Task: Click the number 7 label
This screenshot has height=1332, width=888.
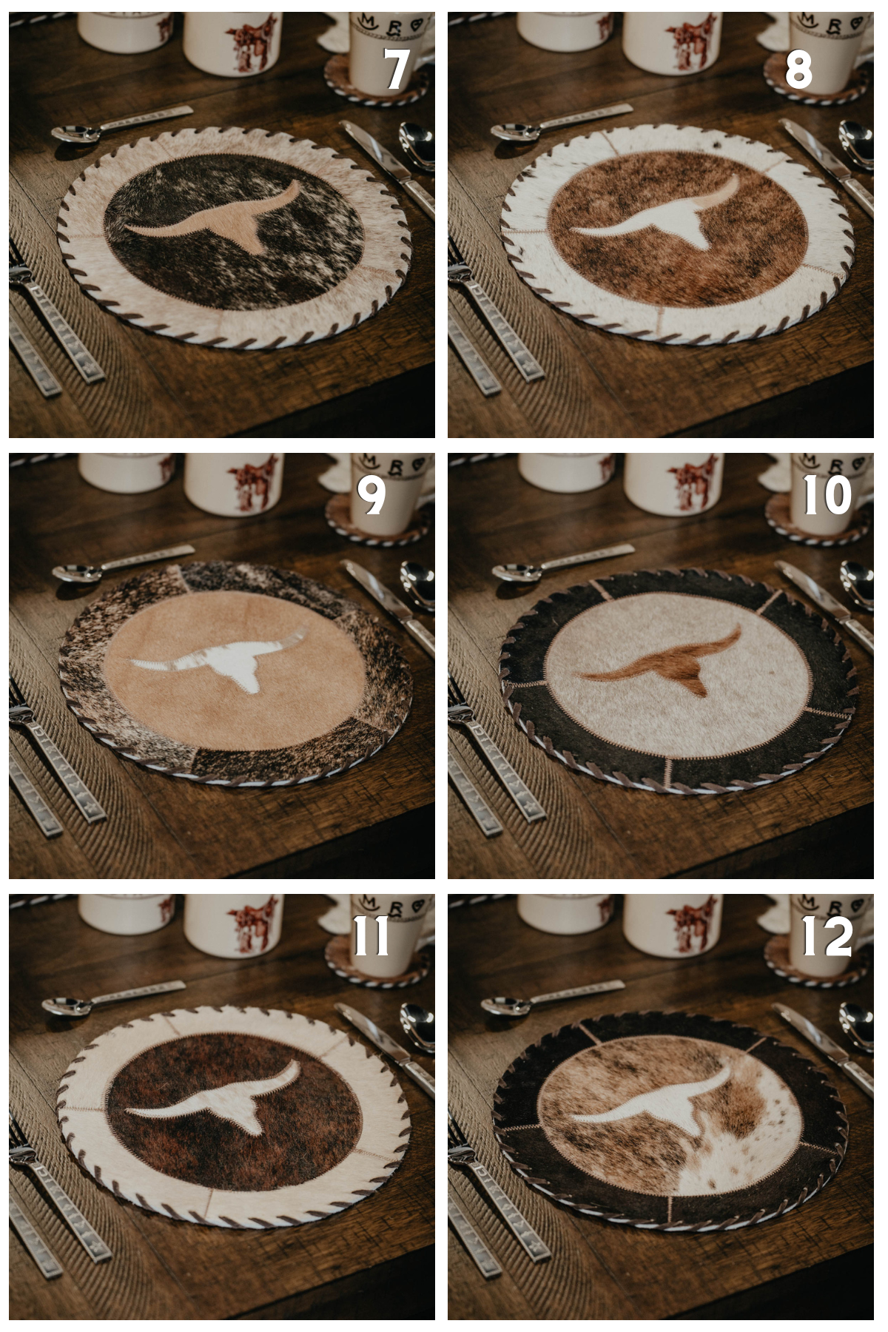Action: coord(397,70)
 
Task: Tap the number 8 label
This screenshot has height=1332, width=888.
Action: coord(798,70)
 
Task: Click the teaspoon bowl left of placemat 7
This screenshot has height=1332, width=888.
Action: coord(70,133)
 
